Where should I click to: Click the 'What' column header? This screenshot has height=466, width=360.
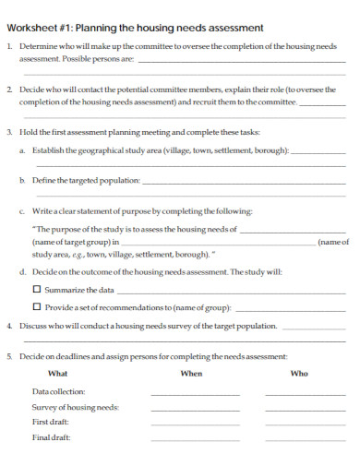tap(57, 373)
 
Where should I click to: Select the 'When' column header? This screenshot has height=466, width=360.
tap(191, 373)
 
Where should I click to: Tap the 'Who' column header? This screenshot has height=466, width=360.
tap(299, 373)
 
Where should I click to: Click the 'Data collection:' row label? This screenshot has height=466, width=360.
tap(58, 391)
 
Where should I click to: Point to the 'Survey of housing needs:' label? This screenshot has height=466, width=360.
tap(75, 406)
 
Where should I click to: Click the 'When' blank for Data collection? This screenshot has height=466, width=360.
tap(195, 394)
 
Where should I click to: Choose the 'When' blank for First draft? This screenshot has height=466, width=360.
tap(195, 424)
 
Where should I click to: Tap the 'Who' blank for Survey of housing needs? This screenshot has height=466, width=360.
tap(302, 409)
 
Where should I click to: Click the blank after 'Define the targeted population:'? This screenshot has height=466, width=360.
tap(245, 183)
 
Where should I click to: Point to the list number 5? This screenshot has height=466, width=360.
tap(9, 355)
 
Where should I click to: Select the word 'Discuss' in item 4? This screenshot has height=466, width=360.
tap(32, 325)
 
